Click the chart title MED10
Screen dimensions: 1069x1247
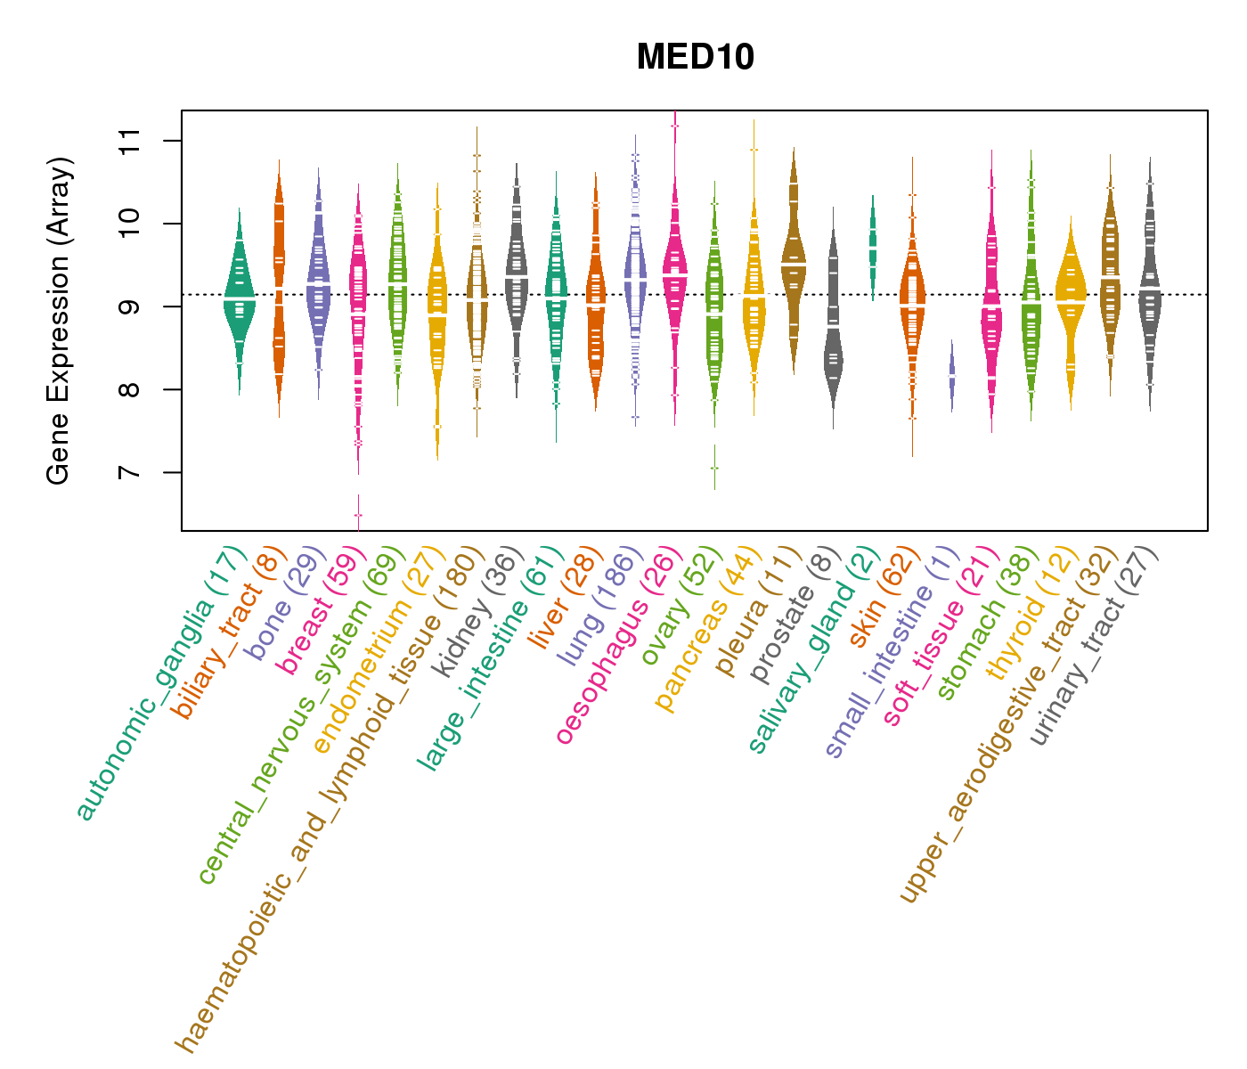click(695, 57)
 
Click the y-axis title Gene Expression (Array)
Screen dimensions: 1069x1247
click(59, 321)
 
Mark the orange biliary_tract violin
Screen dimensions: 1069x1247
click(279, 294)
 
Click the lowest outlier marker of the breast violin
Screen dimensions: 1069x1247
click(358, 515)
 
